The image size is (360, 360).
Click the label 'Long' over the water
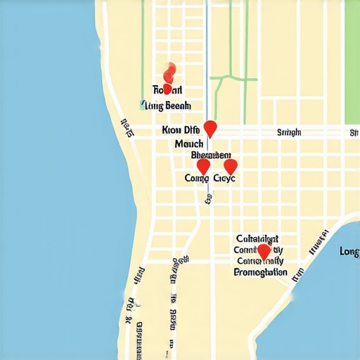pos(349,251)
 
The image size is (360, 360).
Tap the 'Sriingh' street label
pos(289,131)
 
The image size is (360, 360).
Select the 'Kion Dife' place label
pos(181,130)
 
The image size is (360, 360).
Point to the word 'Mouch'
pos(188,143)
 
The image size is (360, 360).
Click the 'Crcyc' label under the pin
pos(224,179)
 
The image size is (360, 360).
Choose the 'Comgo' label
pos(197,179)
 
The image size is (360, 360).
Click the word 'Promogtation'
pos(259,271)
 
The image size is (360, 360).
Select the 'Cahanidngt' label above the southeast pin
pos(257,238)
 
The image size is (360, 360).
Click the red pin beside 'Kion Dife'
pos(210,129)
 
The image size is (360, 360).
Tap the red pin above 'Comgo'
pos(203,167)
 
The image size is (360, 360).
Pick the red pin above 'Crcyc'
pos(230,167)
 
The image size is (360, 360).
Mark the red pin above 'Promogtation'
pos(264,252)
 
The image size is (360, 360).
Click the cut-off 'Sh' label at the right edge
pos(354,132)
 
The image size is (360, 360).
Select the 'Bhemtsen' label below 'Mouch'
pos(210,155)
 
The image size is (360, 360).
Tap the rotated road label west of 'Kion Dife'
pos(127,128)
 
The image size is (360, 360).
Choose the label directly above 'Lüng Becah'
pos(167,90)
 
